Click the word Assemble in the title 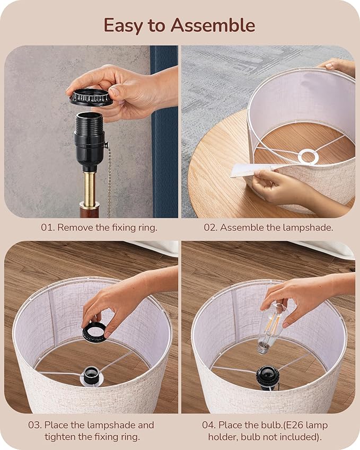pos(213,25)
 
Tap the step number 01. pos(47,227)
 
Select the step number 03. pos(35,425)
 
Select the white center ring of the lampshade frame pos(309,157)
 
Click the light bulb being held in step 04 pos(271,328)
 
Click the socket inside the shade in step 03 pos(91,376)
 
